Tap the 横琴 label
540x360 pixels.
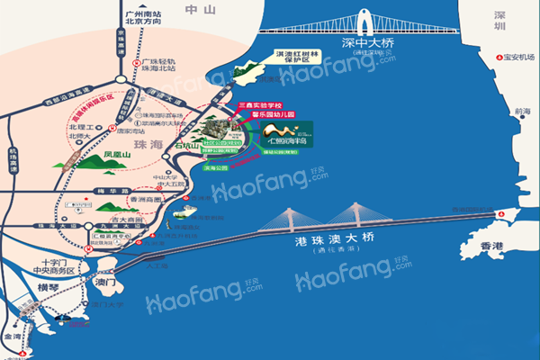click(x=47, y=288)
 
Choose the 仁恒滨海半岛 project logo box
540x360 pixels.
click(x=283, y=134)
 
